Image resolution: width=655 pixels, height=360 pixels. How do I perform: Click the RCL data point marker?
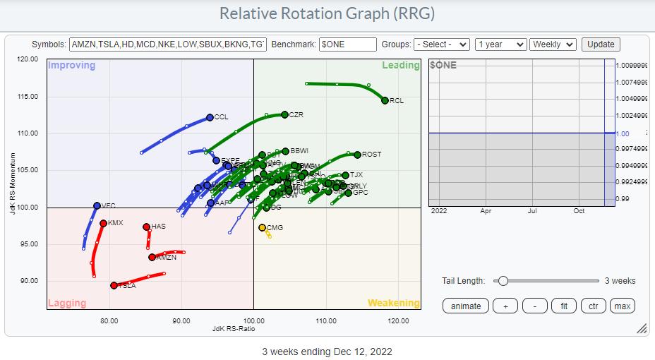385,100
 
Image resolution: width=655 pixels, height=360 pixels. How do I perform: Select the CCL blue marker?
210,117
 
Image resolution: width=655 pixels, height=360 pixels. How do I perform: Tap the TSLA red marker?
114,285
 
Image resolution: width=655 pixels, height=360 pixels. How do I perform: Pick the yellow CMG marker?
262,227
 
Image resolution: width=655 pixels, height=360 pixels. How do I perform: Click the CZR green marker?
284,114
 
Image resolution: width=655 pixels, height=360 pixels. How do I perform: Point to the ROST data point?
357,155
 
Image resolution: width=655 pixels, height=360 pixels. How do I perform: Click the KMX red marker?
103,223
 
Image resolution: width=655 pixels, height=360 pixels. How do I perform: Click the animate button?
466,306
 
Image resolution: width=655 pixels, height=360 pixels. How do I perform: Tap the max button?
622,306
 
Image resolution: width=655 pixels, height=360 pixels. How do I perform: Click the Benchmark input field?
347,44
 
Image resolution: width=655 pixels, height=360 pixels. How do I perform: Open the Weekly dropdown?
553,44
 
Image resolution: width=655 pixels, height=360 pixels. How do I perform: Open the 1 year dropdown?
500,44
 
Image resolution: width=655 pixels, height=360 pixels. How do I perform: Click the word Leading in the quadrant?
401,66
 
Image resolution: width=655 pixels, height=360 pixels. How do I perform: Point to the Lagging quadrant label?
66,304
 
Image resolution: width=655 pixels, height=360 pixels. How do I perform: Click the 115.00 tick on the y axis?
28,97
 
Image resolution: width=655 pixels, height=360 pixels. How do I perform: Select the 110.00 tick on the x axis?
326,321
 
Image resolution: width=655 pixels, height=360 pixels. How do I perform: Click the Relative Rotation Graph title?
327,14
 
